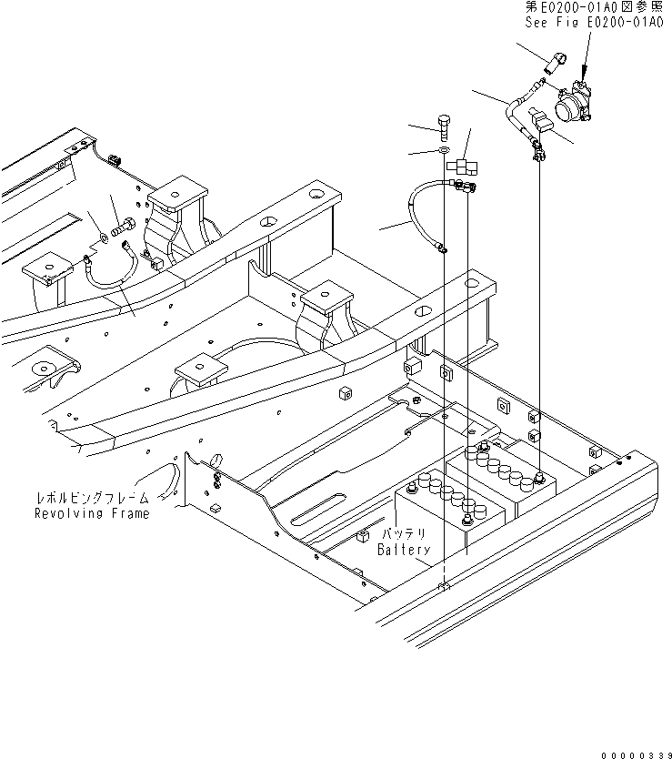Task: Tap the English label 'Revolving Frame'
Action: (92, 513)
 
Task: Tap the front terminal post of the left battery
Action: (466, 519)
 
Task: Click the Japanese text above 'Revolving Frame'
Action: (92, 498)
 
